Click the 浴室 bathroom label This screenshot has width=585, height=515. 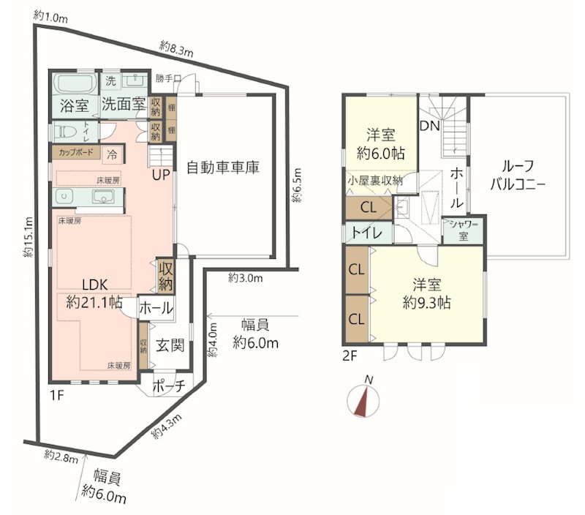(73, 105)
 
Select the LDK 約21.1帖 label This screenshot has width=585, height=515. (94, 291)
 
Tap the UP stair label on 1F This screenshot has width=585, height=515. (162, 175)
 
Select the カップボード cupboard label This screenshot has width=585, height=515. (76, 154)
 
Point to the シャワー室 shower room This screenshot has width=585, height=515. (463, 232)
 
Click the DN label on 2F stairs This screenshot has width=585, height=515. (429, 126)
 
